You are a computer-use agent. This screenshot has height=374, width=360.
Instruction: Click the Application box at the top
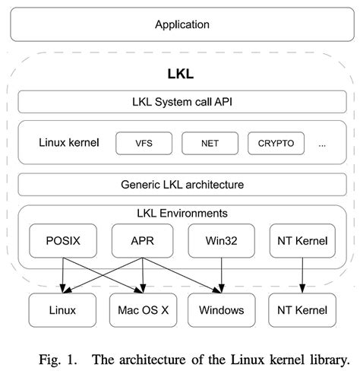tap(182, 24)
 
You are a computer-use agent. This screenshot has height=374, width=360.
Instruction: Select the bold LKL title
tap(182, 74)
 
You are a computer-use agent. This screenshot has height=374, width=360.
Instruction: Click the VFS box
tap(144, 142)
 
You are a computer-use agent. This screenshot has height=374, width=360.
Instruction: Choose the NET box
tap(210, 142)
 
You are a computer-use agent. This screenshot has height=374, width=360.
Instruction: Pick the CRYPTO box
tap(276, 142)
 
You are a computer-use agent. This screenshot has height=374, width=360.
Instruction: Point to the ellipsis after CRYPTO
tap(322, 143)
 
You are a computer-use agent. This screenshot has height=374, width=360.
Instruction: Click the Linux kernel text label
tap(68, 142)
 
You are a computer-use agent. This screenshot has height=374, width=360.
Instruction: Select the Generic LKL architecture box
tap(182, 184)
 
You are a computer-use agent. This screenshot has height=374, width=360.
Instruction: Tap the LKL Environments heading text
tap(182, 213)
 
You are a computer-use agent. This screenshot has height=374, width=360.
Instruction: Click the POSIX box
tap(62, 241)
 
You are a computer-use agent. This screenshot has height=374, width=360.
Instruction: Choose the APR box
tap(143, 241)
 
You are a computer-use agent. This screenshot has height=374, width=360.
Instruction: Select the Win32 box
tap(221, 241)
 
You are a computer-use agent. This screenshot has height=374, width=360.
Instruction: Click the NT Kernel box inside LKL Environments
tap(302, 241)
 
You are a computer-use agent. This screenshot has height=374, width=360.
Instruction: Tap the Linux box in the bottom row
tap(62, 310)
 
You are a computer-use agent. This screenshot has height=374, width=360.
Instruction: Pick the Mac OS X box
tap(143, 310)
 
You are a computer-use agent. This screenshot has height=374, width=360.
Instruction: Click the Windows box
tap(221, 310)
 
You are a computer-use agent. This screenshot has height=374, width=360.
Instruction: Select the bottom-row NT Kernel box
tap(302, 310)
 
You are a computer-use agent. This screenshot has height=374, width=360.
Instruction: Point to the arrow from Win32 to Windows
tap(221, 275)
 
